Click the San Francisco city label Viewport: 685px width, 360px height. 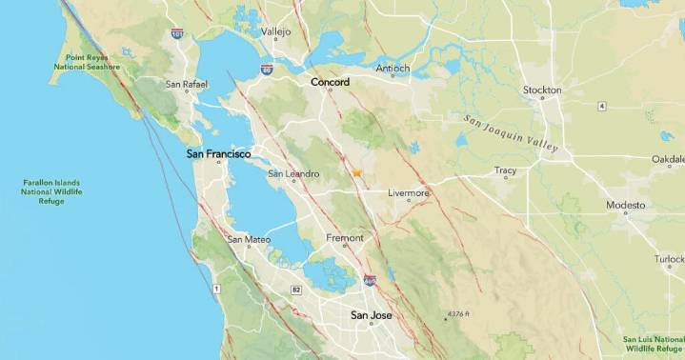[x=218, y=153]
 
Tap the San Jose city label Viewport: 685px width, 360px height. [x=371, y=315]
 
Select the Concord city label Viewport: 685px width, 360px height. [x=330, y=82]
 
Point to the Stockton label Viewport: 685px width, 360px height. [x=542, y=90]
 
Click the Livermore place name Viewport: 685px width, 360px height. [x=409, y=193]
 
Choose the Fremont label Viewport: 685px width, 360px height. [x=345, y=237]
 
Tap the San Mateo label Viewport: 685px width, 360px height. [x=250, y=239]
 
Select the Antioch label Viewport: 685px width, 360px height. [x=393, y=69]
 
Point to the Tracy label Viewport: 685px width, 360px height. [x=505, y=171]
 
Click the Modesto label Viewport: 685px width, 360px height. [x=626, y=206]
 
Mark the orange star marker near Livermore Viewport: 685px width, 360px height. [x=356, y=173]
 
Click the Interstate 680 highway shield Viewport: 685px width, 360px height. [x=370, y=281]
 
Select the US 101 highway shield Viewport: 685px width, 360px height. [x=177, y=33]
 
